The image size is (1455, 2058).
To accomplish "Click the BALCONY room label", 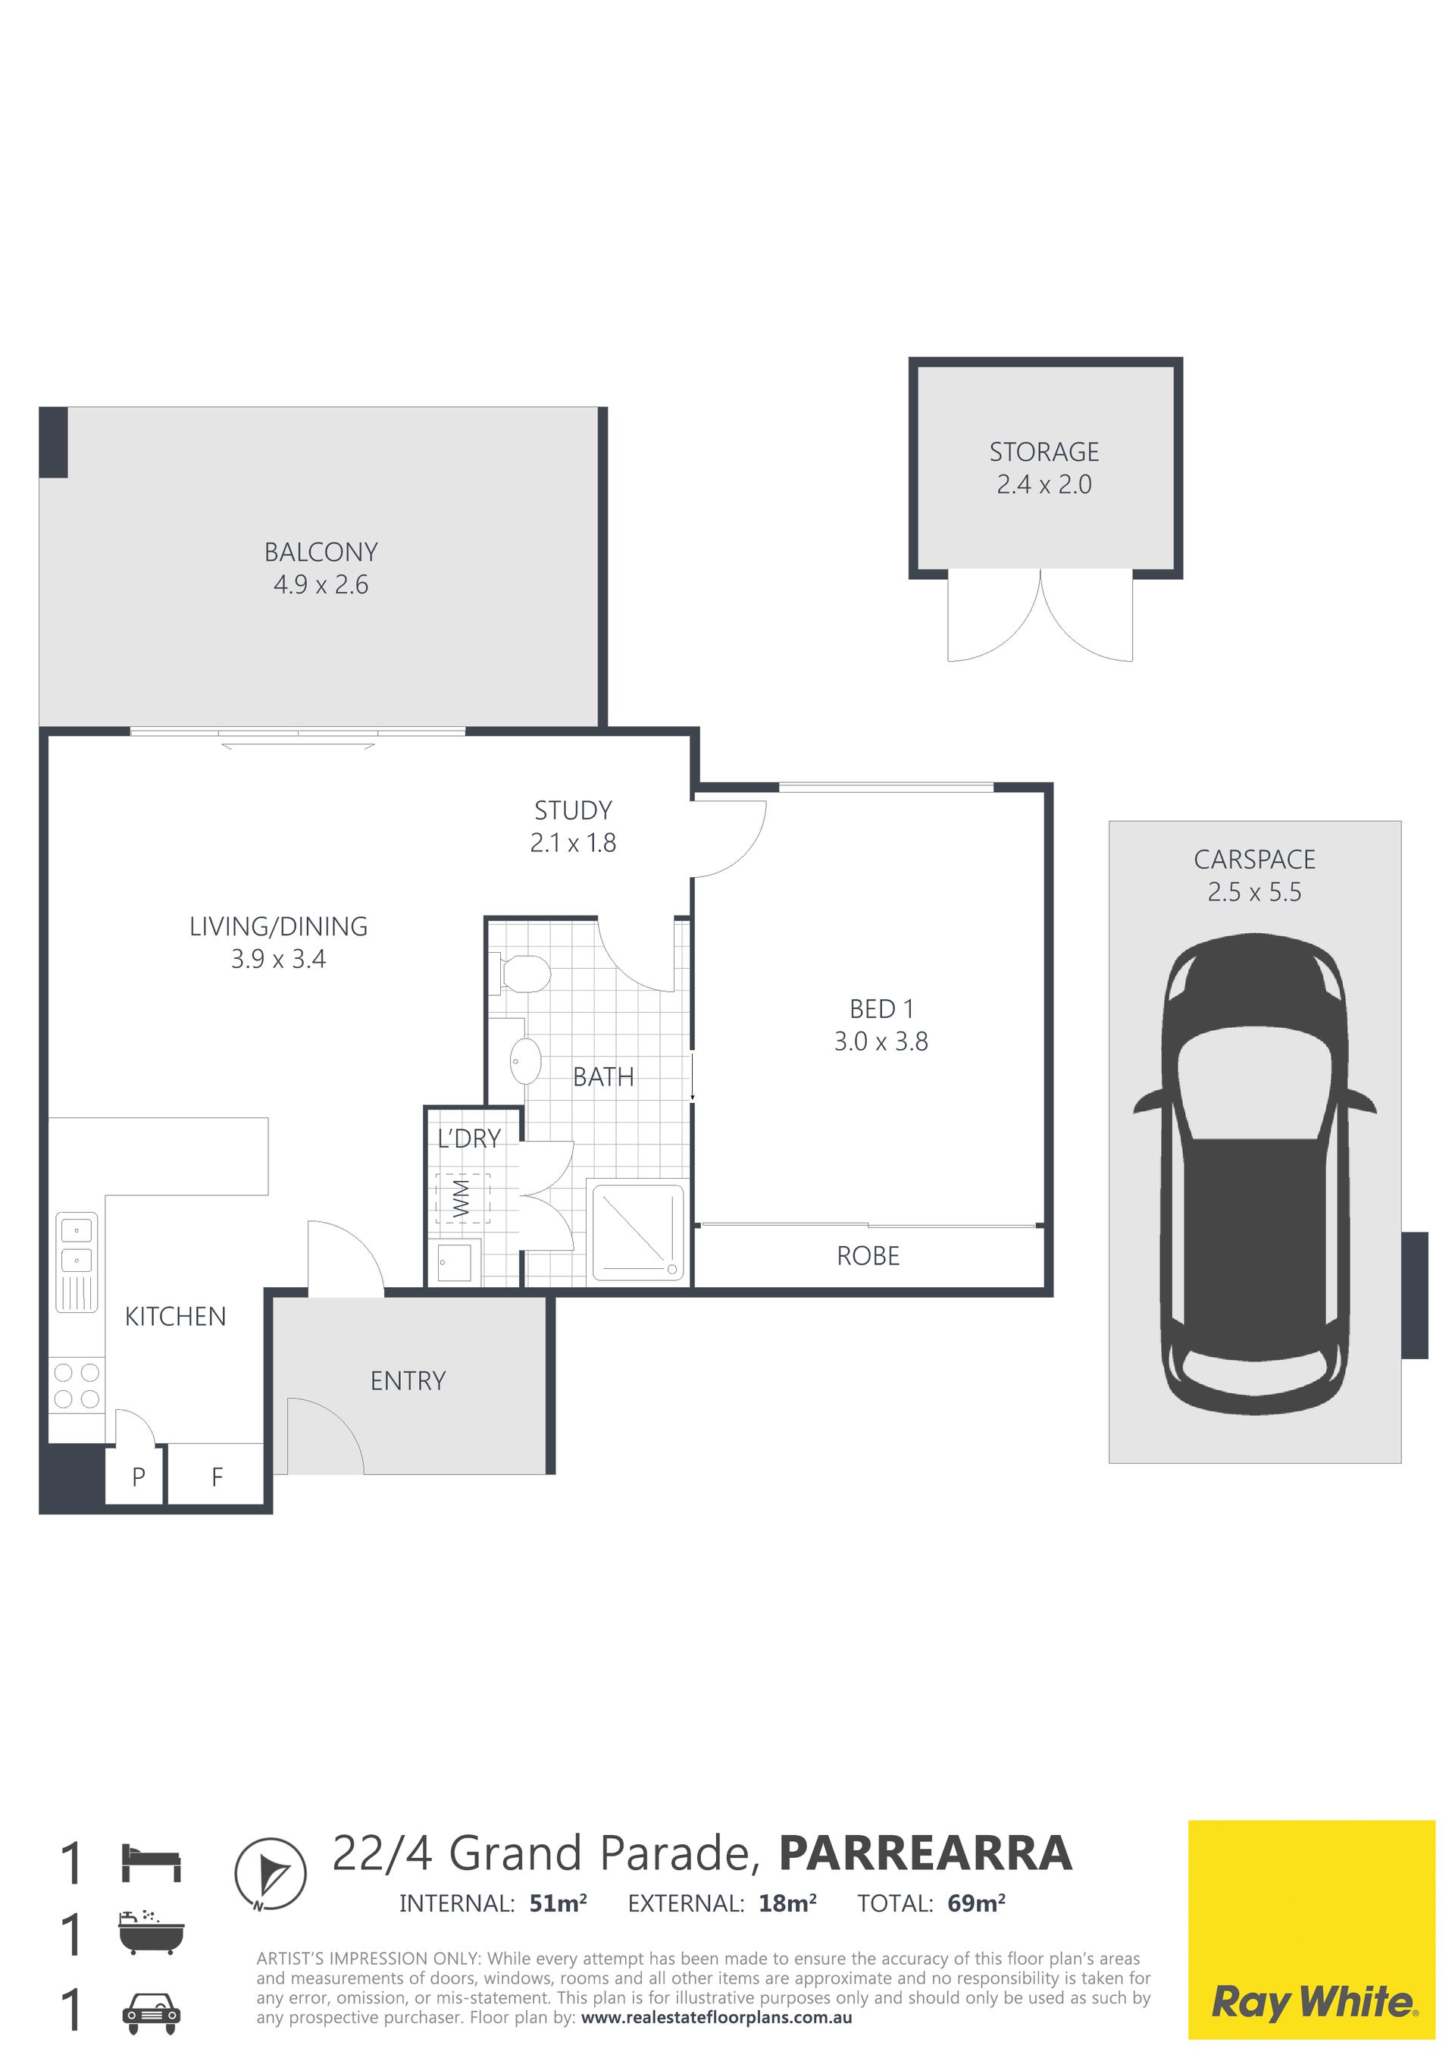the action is click(x=321, y=552).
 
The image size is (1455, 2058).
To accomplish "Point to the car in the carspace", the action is click(x=1254, y=1174).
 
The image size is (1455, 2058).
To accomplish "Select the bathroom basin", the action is click(x=525, y=1061).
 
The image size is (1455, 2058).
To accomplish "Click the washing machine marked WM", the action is click(x=462, y=1198).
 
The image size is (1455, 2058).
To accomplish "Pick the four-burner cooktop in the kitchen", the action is click(x=77, y=1386).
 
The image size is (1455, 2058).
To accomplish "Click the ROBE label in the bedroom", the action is click(x=868, y=1256).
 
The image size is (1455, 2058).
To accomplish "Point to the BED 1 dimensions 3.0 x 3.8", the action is click(x=881, y=1042).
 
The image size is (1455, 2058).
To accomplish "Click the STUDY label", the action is click(x=574, y=810).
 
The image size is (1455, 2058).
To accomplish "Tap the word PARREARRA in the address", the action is click(x=925, y=1853).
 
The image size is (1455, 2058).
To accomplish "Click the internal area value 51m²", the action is click(x=559, y=1903).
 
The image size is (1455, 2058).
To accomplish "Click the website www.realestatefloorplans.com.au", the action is click(x=717, y=2018).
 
